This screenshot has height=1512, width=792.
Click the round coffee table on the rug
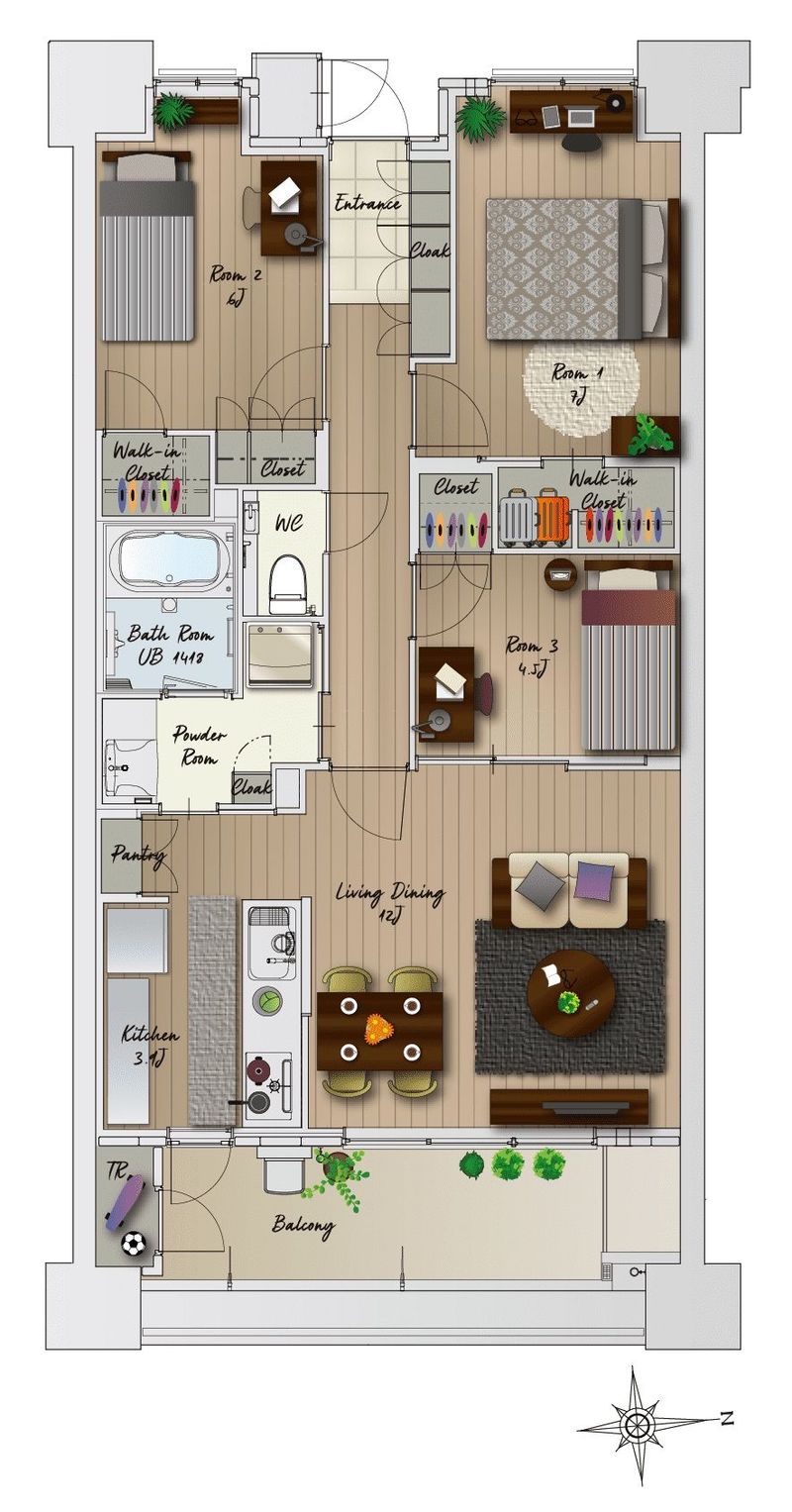coord(570,993)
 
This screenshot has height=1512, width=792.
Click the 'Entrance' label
coord(367,203)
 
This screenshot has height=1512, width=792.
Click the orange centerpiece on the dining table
coord(380,1029)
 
